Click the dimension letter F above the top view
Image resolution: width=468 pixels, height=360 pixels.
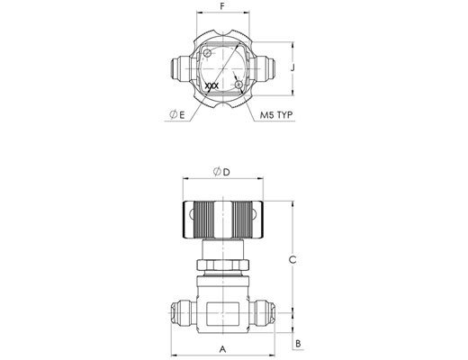(x=222, y=6)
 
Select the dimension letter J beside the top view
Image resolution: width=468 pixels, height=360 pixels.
(x=292, y=67)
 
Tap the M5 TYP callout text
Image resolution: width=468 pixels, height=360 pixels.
(x=276, y=115)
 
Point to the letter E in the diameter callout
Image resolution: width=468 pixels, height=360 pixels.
(x=182, y=114)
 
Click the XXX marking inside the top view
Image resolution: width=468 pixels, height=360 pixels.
(x=211, y=86)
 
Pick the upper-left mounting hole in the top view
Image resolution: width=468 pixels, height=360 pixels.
(x=207, y=53)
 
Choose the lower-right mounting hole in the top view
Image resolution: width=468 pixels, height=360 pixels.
(x=239, y=85)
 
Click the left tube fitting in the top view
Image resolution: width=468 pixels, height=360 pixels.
(x=180, y=68)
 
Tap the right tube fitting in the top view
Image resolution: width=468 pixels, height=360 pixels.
(x=265, y=68)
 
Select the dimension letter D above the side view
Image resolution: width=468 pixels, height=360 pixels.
(x=227, y=172)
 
